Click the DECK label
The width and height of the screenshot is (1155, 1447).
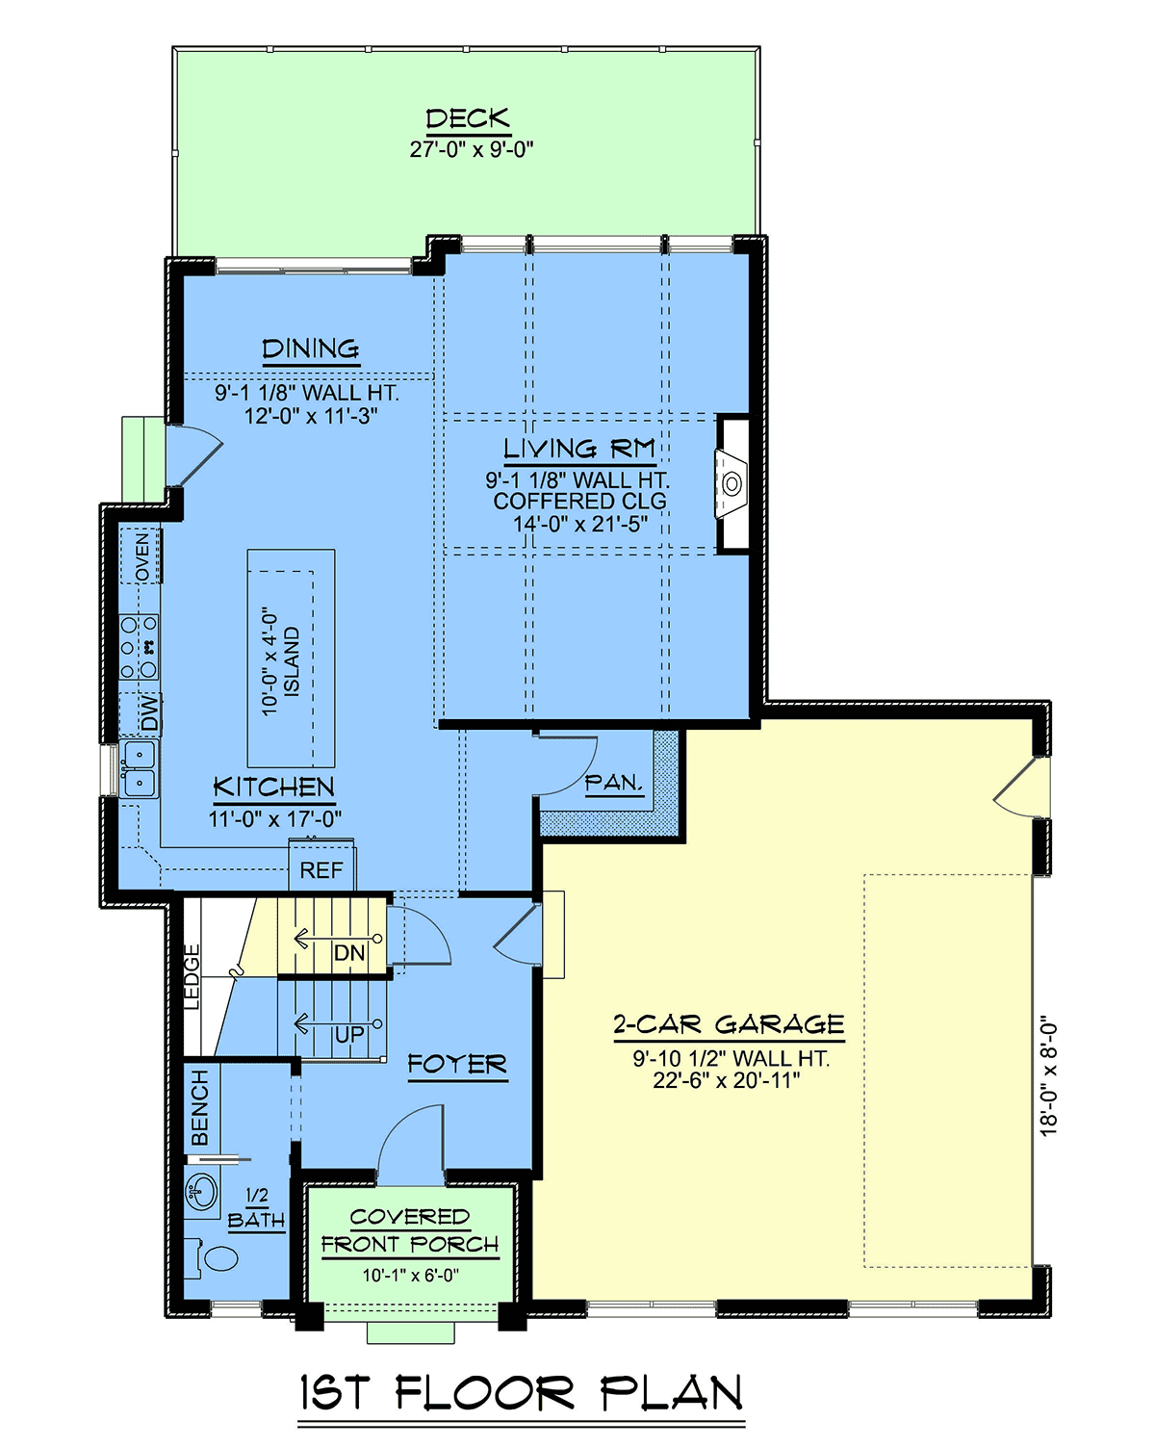[468, 118]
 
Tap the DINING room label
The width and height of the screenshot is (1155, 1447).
[311, 349]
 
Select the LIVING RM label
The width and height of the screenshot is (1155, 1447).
[579, 449]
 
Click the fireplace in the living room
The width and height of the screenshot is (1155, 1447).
[731, 483]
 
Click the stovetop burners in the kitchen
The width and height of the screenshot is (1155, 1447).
[140, 646]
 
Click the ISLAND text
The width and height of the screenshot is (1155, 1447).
[292, 661]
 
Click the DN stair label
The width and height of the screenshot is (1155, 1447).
[349, 952]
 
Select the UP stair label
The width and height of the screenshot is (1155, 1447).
[349, 1034]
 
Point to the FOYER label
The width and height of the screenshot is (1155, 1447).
[457, 1064]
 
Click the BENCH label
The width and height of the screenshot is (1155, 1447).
[200, 1107]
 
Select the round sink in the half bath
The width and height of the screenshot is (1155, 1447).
[202, 1192]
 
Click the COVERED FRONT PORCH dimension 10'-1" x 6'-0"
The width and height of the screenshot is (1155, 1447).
[411, 1276]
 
